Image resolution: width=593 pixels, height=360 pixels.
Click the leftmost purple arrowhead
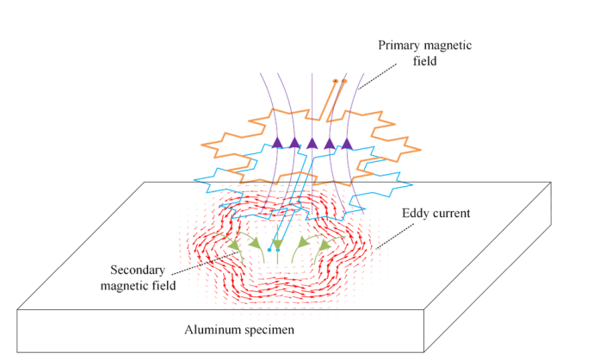coord(277,143)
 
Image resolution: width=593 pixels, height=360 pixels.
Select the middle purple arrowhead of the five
coord(312,143)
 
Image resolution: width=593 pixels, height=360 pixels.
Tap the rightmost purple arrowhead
coord(348,143)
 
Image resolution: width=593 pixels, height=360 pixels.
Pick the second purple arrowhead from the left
coord(294,143)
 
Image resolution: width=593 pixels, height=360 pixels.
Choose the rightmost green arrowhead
coord(325,245)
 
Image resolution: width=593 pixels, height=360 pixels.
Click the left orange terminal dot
coord(335,81)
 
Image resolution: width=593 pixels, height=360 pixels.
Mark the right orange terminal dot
coord(343,81)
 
